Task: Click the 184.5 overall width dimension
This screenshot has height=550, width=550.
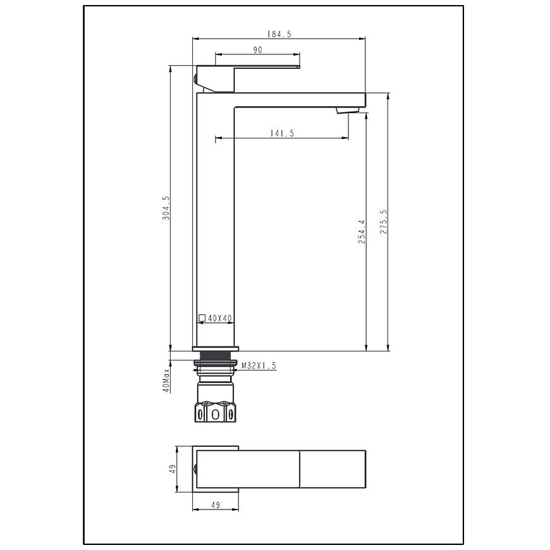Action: [279, 34]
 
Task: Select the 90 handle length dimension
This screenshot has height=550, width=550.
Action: [257, 50]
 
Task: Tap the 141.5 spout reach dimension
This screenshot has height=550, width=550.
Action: [282, 133]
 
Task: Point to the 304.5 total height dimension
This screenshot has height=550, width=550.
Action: [166, 208]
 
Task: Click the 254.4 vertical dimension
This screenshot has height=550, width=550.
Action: [362, 232]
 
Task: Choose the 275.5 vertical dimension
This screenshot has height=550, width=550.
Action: [383, 222]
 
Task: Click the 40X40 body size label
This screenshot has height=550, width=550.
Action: [220, 318]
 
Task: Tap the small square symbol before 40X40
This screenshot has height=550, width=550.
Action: [202, 318]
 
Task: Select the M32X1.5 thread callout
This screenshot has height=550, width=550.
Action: [259, 366]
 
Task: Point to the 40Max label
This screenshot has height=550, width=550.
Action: [166, 380]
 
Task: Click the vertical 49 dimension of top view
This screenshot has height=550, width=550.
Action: [172, 468]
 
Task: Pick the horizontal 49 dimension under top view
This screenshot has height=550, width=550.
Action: [216, 504]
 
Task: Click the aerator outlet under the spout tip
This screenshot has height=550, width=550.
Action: [348, 111]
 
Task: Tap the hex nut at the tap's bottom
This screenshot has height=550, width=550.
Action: [215, 412]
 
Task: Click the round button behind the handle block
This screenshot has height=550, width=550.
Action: [195, 79]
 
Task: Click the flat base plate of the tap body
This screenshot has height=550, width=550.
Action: [216, 349]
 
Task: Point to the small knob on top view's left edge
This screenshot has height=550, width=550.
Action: [195, 468]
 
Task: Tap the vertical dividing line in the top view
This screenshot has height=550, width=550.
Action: [300, 469]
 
